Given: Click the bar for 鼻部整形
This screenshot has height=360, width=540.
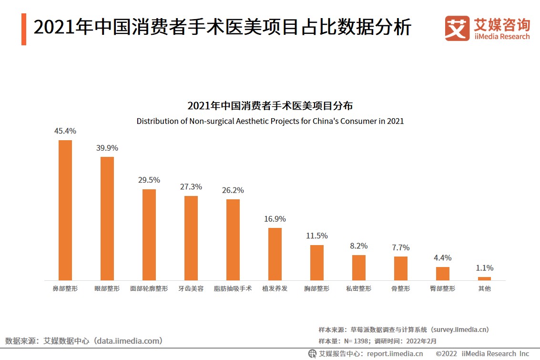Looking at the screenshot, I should coord(65,210).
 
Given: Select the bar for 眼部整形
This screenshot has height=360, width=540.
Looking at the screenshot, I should coord(107,218).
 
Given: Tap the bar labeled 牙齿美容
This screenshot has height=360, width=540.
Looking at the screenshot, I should coord(191,238).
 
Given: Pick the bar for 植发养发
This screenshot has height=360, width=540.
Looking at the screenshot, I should coord(275,254).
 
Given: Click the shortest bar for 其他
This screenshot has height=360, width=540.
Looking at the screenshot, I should coord(484,278).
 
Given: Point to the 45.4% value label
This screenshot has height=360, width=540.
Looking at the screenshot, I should coord(65,131).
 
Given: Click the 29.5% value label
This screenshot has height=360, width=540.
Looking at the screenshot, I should coord(149,180).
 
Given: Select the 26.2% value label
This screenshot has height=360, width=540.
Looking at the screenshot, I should coord(233,190).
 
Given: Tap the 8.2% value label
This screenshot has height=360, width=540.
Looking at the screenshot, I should coord(359,246).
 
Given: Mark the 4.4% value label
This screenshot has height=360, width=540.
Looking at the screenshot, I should coord(443,258).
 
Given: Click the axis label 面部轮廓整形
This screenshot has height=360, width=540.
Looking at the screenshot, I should coord(149,289).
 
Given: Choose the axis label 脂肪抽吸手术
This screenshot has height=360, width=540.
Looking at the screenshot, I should coord(233,289).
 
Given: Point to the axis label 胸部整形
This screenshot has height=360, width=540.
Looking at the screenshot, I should coord(317,289).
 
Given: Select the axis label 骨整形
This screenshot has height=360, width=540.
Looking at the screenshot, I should coord(401,289).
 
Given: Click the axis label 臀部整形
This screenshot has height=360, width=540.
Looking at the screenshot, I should coord(443,289).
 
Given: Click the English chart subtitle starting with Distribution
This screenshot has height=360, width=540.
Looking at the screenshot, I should coord(270,121).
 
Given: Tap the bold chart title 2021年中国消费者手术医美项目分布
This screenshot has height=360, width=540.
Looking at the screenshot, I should coord(270,106).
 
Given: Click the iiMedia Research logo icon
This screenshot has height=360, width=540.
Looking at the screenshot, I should coord(457,28).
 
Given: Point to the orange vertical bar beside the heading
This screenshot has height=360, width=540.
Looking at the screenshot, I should coord(24,29).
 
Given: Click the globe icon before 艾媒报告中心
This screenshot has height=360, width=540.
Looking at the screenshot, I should coord(312,354).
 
